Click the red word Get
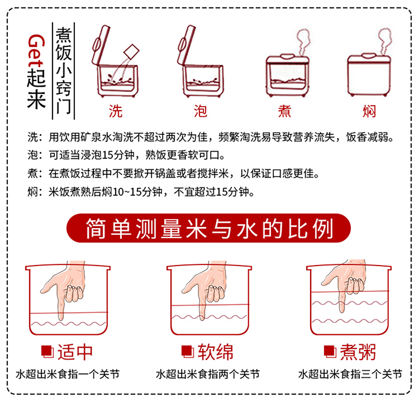pos(36,51)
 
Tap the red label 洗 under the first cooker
pos(116,111)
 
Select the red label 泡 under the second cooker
pos(201,111)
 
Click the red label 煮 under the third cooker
pos(284,111)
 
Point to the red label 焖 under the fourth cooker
pos(369,111)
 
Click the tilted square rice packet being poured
pos(131,51)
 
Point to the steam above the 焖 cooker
pos(385,41)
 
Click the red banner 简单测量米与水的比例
pos(208,228)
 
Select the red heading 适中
pos(75,352)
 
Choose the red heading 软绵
pos(216,352)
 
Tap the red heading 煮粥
pos(358,352)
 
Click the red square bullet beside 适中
pos(47,352)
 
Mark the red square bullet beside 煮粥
pos(330,352)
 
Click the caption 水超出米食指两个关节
pos(208,374)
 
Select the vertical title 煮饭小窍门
pos(64,71)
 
